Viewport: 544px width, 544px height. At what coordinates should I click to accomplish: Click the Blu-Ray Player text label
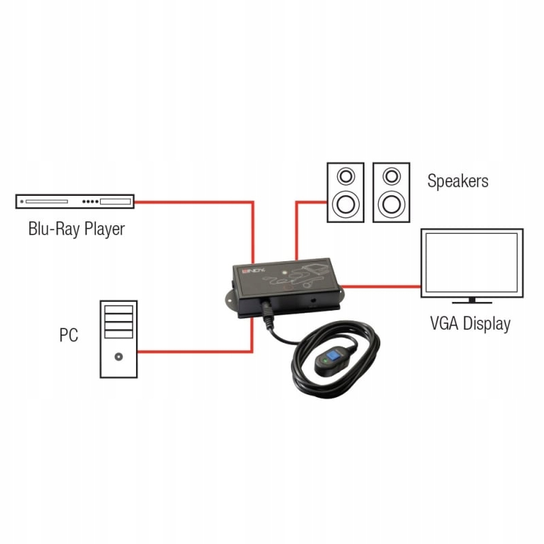point(76,228)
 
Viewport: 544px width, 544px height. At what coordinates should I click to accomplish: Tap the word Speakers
point(458,181)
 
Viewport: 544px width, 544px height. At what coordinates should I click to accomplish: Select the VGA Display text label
point(470,323)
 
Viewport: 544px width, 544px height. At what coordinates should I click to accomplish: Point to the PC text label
point(69,335)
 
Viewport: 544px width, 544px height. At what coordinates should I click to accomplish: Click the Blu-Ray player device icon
point(75,201)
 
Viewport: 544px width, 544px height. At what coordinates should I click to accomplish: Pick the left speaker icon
point(346,192)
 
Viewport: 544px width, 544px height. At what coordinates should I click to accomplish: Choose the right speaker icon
point(391,192)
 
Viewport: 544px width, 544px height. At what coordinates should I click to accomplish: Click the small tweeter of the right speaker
point(391,175)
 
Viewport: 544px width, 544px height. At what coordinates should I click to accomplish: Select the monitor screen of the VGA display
point(472,261)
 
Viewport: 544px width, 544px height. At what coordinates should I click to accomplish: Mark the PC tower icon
point(118,338)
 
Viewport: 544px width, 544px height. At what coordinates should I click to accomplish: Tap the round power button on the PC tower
point(119,355)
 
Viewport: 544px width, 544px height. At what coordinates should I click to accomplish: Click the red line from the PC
point(197,352)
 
